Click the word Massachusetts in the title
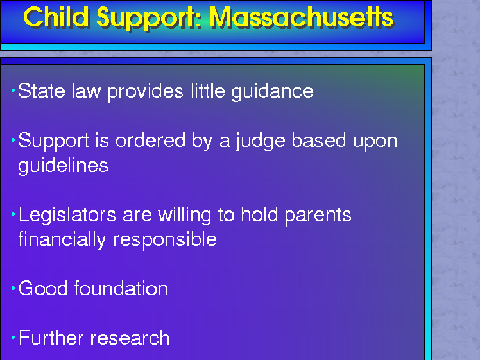point(301,18)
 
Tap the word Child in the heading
point(56,17)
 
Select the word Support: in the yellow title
point(150,19)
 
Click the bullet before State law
point(13,90)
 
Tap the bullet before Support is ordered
point(13,140)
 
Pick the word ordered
point(150,141)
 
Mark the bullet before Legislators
point(13,214)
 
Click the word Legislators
point(67,216)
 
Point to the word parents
point(318,216)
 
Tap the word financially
point(62,240)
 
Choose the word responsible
point(166,240)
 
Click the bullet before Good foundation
point(13,288)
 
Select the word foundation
point(121,288)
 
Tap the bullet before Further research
point(13,338)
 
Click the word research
point(130,339)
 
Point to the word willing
point(185,216)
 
